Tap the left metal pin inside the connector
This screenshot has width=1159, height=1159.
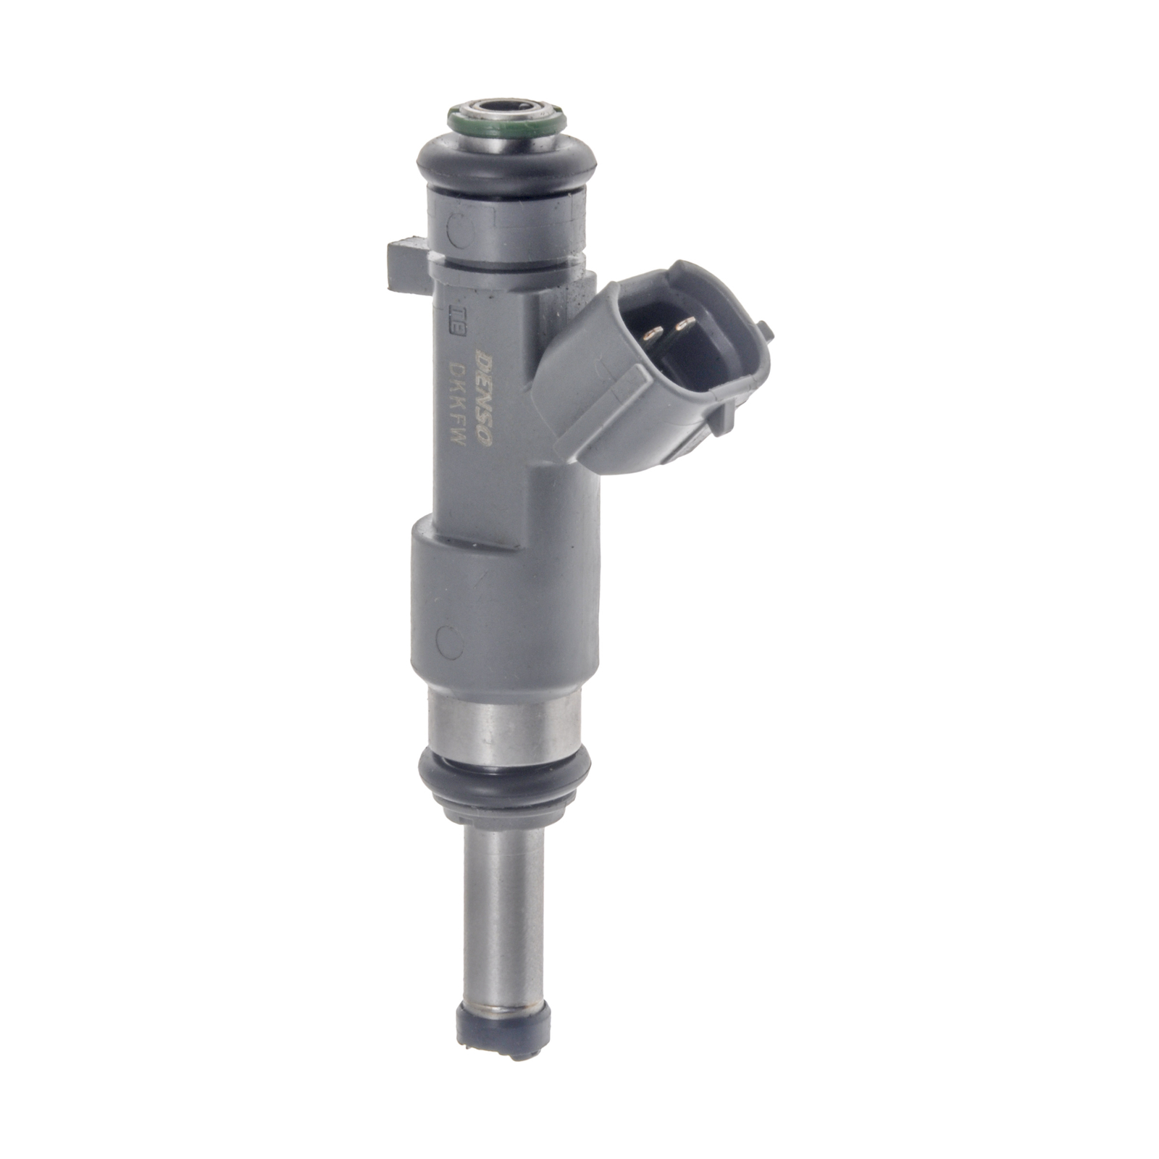[x=653, y=334]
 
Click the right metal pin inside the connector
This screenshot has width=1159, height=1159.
[x=681, y=327]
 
